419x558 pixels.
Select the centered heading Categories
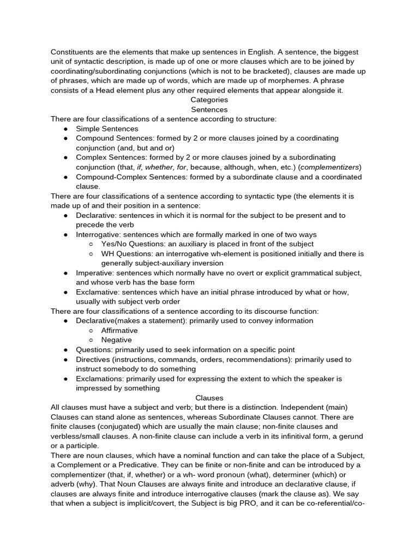209,100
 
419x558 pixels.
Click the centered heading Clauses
209,398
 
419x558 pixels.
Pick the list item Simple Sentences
107,129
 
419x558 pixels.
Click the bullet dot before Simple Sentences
65,129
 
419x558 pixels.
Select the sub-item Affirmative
119,330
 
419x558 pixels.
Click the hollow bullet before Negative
91,340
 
